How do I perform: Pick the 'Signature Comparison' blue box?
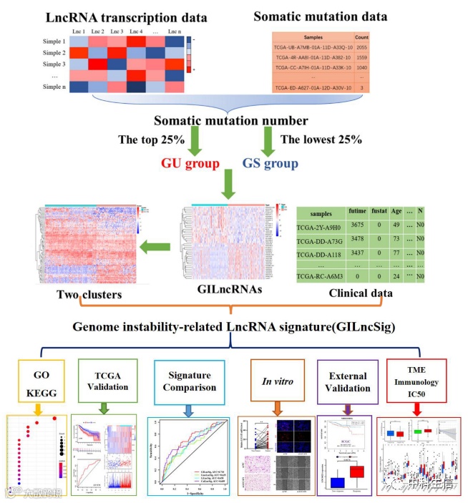click(x=189, y=382)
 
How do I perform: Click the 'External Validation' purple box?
click(x=346, y=383)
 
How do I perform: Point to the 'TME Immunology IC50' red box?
click(x=421, y=382)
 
